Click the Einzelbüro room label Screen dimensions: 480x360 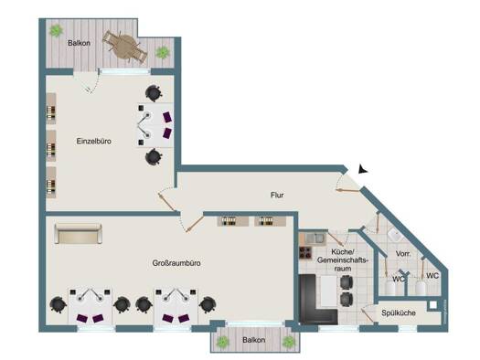point(93,142)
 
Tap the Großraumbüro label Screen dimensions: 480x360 point(176,263)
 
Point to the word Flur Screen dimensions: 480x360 point(277,195)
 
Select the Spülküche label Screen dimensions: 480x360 point(399,312)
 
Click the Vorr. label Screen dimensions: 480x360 point(403,254)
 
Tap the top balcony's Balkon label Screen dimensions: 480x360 point(79,43)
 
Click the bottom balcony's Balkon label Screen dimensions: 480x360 point(254,340)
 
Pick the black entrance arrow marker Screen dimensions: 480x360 point(363,169)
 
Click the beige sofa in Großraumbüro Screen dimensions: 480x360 point(78,234)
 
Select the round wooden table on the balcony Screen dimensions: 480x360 point(125,47)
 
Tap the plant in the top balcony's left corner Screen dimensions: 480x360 point(57,30)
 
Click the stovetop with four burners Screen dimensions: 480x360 point(305,253)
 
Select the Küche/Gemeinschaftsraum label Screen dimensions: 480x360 point(343,260)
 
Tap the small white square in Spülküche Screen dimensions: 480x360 point(432,305)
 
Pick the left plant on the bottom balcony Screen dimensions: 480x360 point(222,342)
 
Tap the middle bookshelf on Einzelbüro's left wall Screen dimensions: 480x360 point(51,146)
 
